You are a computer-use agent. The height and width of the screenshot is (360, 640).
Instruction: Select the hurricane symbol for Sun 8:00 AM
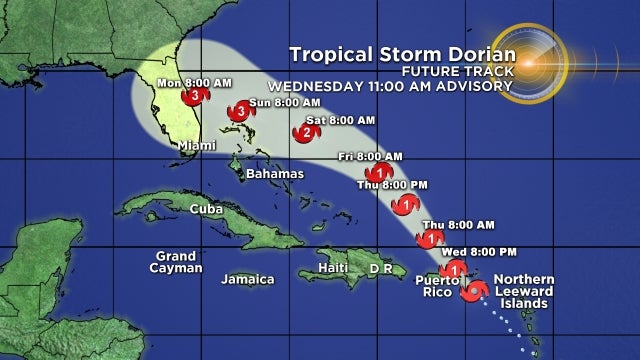tap(240, 112)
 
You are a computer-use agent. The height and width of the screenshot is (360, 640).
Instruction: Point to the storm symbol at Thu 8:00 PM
tap(406, 205)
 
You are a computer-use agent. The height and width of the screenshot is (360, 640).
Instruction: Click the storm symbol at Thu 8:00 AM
tap(430, 239)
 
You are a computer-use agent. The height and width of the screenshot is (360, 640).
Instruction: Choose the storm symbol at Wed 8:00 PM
tap(455, 268)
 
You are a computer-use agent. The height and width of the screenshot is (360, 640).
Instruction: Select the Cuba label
tap(206, 209)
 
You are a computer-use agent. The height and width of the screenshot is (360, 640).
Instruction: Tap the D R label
tap(380, 269)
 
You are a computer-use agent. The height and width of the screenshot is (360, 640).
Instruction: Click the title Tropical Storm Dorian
tap(402, 54)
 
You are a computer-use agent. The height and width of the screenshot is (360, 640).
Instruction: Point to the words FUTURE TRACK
tap(458, 71)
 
